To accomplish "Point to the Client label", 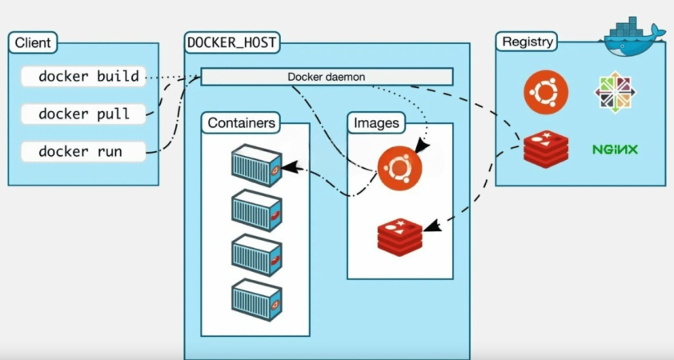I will pyautogui.click(x=33, y=43).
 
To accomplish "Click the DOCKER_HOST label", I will pyautogui.click(x=232, y=42).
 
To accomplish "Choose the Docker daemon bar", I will pyautogui.click(x=327, y=77).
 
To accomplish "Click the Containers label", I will pyautogui.click(x=243, y=123).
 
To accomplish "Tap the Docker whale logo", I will pyautogui.click(x=633, y=35).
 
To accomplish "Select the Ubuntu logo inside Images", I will pyautogui.click(x=400, y=169).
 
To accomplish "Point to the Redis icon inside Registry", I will pyautogui.click(x=546, y=149).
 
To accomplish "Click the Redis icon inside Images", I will pyautogui.click(x=400, y=234).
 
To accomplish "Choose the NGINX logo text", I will pyautogui.click(x=616, y=150).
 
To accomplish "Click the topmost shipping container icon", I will pyautogui.click(x=256, y=166).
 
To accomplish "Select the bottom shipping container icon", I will pyautogui.click(x=256, y=300).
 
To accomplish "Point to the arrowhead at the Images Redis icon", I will pyautogui.click(x=431, y=226).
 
